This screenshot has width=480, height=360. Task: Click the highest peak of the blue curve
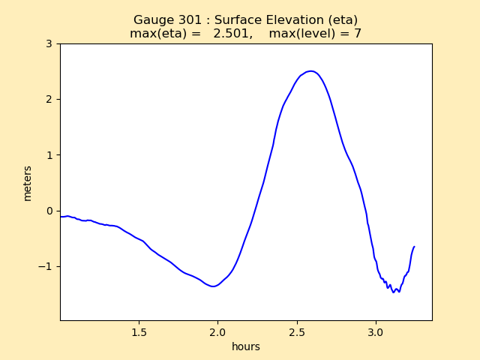tap(310, 71)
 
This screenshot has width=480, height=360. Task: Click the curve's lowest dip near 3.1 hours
tap(393, 292)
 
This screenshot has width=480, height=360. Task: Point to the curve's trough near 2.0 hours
tap(214, 286)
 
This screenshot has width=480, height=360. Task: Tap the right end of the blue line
tap(414, 247)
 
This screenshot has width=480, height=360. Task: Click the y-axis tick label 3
tap(49, 43)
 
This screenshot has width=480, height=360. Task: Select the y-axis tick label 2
tap(49, 99)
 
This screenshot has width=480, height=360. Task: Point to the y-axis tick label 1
tap(49, 155)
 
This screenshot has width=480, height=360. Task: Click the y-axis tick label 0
tap(49, 211)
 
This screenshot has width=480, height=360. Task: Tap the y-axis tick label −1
tap(46, 266)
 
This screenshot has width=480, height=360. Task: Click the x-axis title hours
tap(246, 346)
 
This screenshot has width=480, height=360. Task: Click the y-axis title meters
tap(28, 183)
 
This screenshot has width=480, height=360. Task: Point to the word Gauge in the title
tap(152, 20)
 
